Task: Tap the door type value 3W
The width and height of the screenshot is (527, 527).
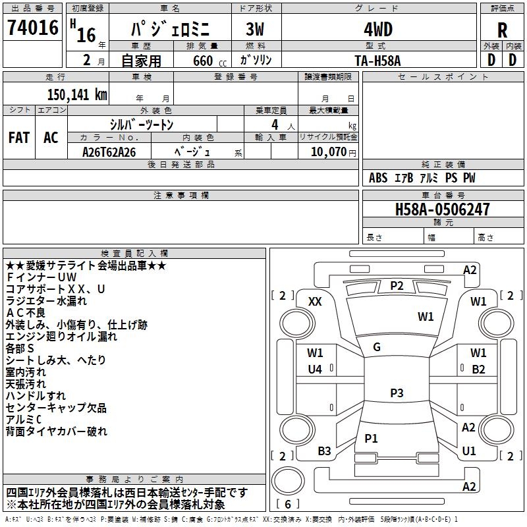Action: pos(255,30)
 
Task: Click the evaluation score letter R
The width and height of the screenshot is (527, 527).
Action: pos(503,30)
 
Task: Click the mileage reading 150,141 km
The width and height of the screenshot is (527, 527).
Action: pos(77,94)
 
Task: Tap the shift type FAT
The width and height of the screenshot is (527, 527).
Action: pos(18,138)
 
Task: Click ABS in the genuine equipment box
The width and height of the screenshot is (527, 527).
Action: pos(378,178)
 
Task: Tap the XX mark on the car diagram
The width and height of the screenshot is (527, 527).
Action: pos(315,301)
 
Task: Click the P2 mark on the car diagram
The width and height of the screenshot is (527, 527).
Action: pos(397,285)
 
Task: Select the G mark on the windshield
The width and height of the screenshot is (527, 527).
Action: pos(377,347)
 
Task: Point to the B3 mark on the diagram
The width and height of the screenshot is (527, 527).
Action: pos(324,451)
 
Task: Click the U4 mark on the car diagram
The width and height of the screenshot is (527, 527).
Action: pos(315,370)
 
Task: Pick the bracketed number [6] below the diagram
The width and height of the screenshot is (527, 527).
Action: pos(288,504)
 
